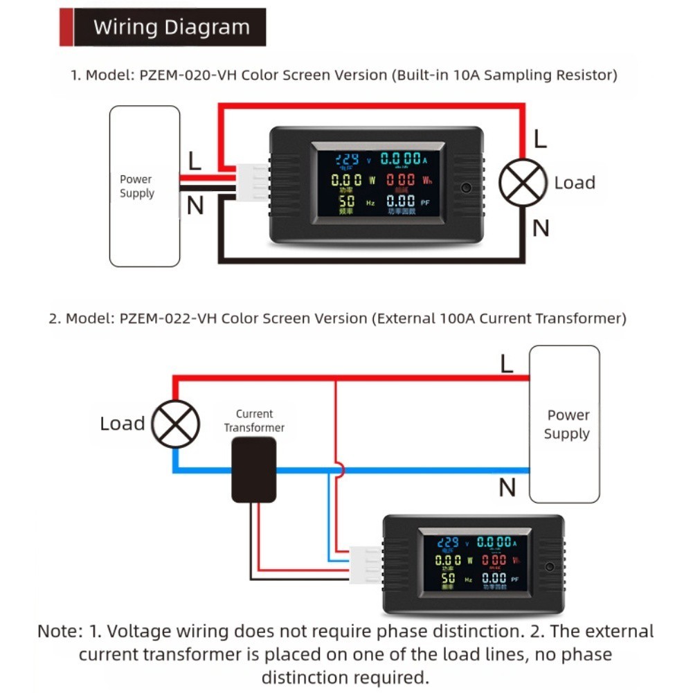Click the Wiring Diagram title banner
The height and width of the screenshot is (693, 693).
(163, 27)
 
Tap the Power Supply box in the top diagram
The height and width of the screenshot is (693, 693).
(145, 186)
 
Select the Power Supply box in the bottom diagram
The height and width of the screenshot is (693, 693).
(564, 424)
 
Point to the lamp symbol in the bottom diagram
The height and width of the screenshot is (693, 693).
(176, 423)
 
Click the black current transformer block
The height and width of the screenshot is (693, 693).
(253, 469)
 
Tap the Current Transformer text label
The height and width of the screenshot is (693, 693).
(254, 421)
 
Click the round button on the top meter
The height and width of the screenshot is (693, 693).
(467, 188)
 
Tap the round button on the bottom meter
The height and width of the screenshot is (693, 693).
(550, 566)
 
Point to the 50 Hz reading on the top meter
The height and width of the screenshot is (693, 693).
(348, 202)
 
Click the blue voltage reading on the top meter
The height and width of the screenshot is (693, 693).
(347, 159)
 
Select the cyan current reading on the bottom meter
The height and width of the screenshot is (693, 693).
(494, 542)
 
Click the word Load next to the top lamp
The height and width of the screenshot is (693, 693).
(575, 183)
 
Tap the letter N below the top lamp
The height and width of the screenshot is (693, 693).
(541, 227)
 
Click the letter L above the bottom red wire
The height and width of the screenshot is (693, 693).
(507, 364)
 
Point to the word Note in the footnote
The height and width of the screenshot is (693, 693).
(60, 631)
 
